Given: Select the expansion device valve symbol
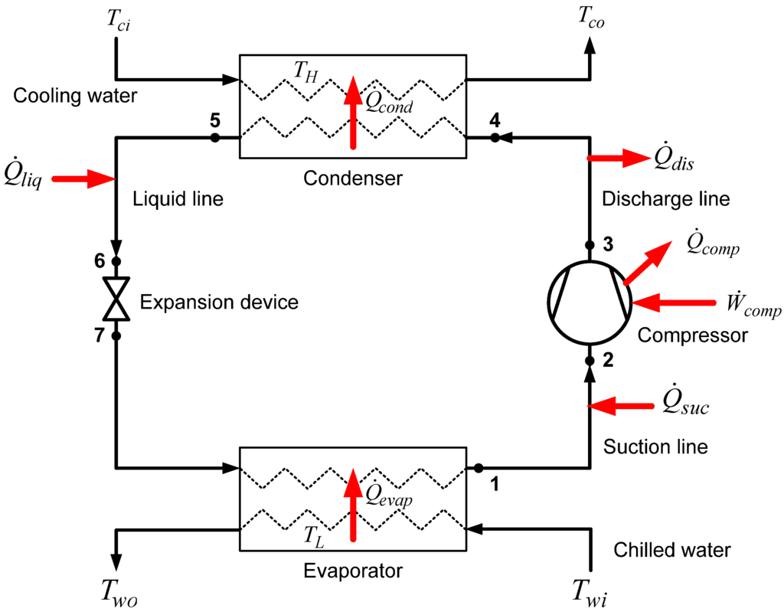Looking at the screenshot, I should [x=116, y=299].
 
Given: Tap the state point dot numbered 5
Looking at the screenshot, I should [x=215, y=138].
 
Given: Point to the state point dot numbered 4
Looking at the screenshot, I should [x=495, y=138].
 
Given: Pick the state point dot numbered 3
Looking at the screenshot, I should [x=590, y=246].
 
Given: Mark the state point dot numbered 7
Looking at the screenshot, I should [x=116, y=336].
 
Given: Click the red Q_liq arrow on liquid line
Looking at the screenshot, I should [x=88, y=179].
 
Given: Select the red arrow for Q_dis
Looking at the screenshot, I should [x=617, y=158].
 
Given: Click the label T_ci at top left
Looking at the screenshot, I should [x=118, y=22].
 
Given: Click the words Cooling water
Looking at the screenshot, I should [x=75, y=97].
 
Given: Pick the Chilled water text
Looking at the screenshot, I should [x=672, y=549].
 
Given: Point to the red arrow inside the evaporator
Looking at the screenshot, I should [x=353, y=505].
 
